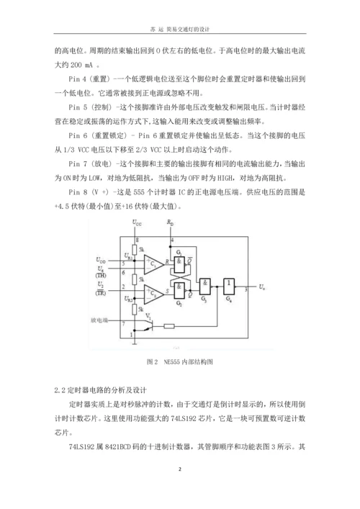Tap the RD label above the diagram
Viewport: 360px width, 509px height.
[171, 225]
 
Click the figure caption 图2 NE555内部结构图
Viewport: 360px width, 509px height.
[179, 359]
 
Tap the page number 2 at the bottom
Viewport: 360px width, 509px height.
[180, 469]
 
